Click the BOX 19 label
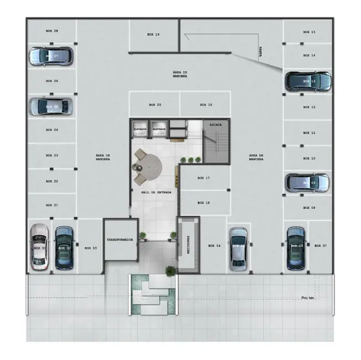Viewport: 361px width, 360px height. coord(153,34)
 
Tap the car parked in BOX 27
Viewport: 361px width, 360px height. coord(50,56)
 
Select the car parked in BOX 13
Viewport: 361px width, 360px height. coord(308,81)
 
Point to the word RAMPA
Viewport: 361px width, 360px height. coord(260,52)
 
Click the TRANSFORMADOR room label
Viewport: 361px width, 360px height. coord(120,240)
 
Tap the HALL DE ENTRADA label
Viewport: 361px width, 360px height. coord(156,192)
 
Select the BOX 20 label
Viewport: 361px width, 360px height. coord(155,105)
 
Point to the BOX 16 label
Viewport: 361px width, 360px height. coord(206,105)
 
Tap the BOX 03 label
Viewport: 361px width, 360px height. coord(91,248)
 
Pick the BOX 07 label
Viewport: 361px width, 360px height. coord(321,245)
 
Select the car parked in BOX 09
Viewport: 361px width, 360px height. coord(307,182)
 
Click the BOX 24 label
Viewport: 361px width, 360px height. coord(52,130)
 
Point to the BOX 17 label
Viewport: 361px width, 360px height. coord(204,178)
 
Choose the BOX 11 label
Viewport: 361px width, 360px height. coord(310,133)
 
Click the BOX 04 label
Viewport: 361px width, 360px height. coord(214,245)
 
